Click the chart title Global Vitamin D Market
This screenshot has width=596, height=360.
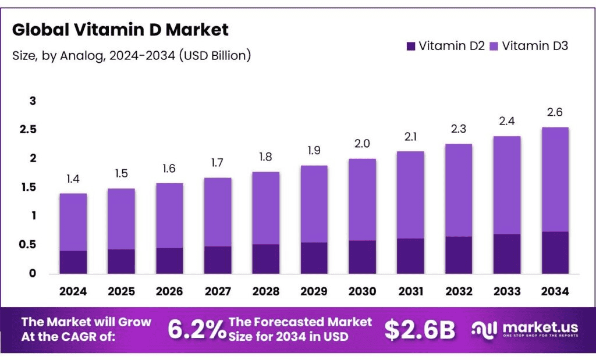pyautogui.click(x=120, y=30)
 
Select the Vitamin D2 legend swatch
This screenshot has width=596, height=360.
pyautogui.click(x=411, y=46)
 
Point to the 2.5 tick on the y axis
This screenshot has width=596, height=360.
pyautogui.click(x=29, y=130)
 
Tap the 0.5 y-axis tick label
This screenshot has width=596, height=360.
pyautogui.click(x=29, y=245)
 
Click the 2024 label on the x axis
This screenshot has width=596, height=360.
pyautogui.click(x=73, y=291)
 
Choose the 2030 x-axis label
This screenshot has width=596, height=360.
pyautogui.click(x=361, y=291)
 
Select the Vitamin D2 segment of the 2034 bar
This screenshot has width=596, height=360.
pyautogui.click(x=555, y=252)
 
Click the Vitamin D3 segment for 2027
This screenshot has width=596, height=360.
pyautogui.click(x=217, y=212)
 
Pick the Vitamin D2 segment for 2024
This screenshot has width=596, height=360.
pyautogui.click(x=73, y=262)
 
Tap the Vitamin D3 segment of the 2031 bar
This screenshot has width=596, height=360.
pyautogui.click(x=410, y=195)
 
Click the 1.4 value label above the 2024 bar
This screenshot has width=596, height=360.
pyautogui.click(x=73, y=179)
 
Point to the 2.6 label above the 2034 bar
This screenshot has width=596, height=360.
pyautogui.click(x=555, y=113)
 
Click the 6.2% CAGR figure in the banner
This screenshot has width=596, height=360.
pyautogui.click(x=197, y=330)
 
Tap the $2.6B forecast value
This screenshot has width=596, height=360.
pyautogui.click(x=420, y=330)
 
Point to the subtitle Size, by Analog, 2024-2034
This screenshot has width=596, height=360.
pyautogui.click(x=132, y=56)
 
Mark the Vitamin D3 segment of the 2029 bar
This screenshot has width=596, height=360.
pyautogui.click(x=314, y=204)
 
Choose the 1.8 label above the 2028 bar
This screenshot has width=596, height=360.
pyautogui.click(x=265, y=158)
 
